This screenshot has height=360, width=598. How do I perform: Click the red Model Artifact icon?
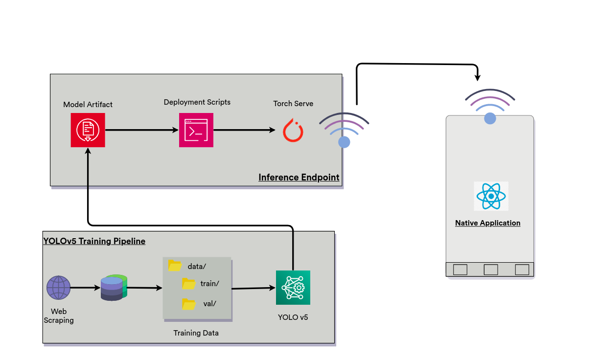pos(88,130)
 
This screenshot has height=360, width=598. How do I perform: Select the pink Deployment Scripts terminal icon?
pos(196,130)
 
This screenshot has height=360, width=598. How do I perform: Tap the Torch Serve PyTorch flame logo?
pos(293,130)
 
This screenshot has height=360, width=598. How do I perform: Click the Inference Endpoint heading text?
pos(299,177)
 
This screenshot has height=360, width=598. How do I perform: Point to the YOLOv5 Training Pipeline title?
pos(94,241)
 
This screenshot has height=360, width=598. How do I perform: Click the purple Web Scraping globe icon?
pos(59,288)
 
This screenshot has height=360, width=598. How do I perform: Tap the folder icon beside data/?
pos(175,266)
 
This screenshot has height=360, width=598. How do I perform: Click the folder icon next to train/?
pos(188,283)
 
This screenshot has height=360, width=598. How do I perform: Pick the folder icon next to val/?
pos(188,304)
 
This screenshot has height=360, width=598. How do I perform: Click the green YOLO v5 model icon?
pos(293,288)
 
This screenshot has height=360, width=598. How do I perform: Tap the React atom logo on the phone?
pos(491,196)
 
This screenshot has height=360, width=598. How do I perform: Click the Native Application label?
pos(487,223)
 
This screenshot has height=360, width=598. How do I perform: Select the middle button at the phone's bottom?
pos(491,270)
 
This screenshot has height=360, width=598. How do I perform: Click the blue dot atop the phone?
pos(490,118)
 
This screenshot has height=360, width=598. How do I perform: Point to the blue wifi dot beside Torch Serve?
pos(344,142)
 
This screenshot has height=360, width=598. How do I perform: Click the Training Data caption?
pos(196,333)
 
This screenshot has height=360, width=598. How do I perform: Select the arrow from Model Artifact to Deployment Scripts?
pos(141,130)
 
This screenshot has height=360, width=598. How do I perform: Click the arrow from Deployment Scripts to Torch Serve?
pos(244,130)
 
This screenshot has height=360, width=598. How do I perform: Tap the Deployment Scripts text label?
pos(197,102)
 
